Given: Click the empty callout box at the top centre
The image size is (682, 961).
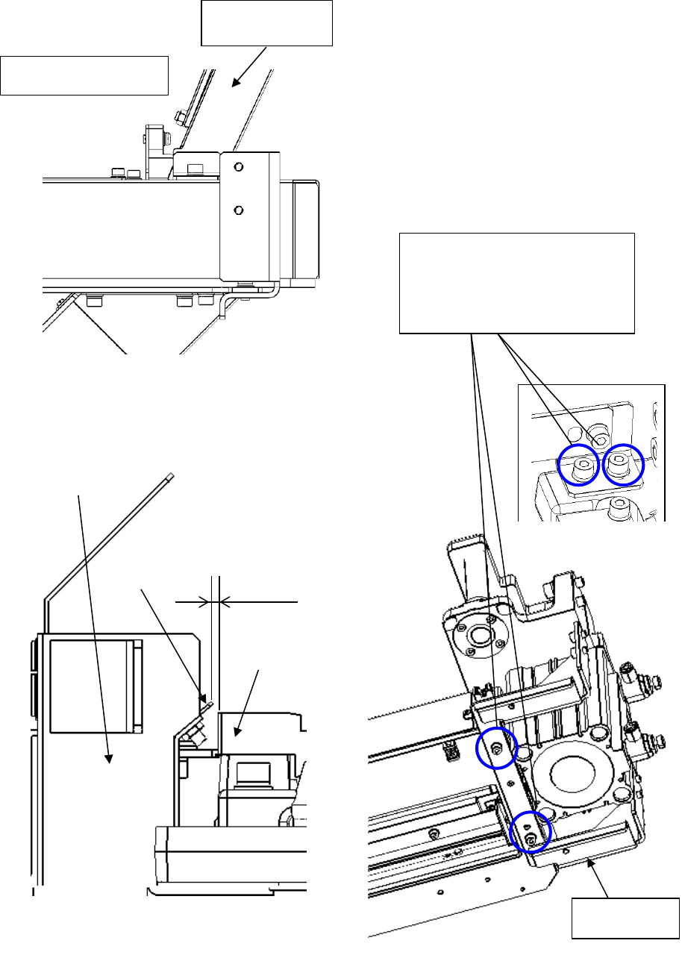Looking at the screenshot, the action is (x=266, y=23).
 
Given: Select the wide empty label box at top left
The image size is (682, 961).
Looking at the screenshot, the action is (x=84, y=75).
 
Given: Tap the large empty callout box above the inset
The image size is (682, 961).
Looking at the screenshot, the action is (x=517, y=283).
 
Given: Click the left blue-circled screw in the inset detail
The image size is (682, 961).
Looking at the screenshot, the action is (x=579, y=466).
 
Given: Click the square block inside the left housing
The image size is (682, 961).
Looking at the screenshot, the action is (x=95, y=685).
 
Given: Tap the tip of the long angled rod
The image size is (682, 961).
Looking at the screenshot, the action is (x=172, y=475).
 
